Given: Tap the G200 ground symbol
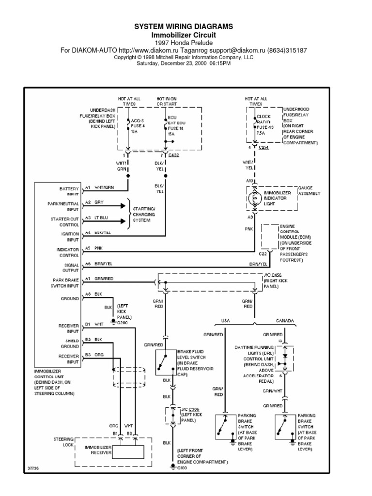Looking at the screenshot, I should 113,321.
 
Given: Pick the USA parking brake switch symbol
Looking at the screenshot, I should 224,427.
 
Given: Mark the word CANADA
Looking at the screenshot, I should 286,321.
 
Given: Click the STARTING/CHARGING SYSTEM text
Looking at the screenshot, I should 146,214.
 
